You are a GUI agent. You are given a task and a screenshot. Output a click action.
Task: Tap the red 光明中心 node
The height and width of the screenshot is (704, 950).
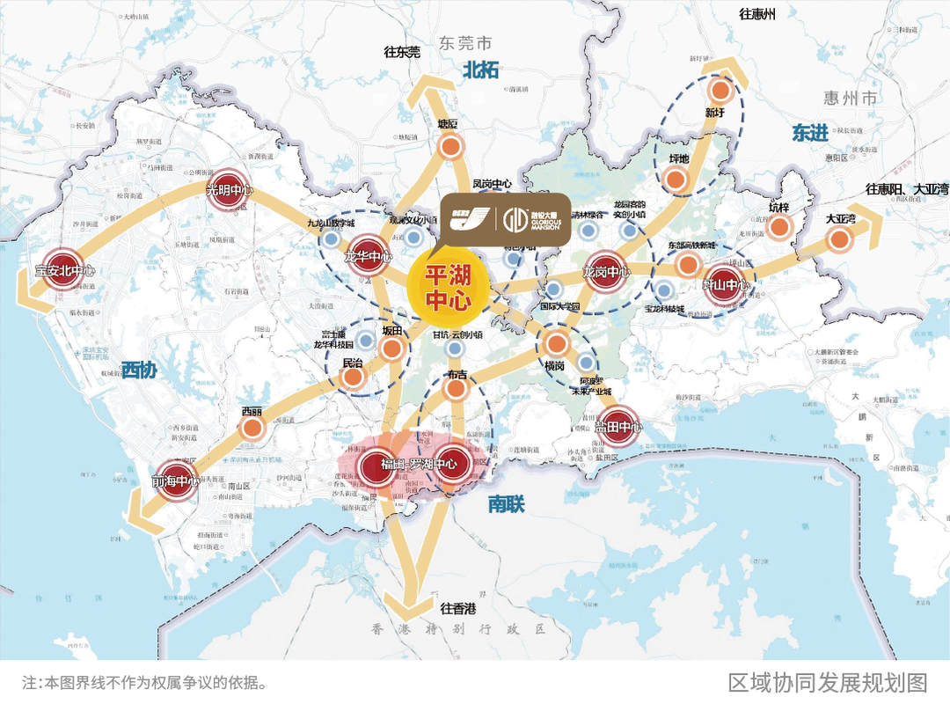[230, 190]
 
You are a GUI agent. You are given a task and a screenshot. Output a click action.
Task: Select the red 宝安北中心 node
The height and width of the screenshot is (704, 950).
[64, 273]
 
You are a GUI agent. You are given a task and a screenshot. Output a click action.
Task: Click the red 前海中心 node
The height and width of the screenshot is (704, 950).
[176, 481]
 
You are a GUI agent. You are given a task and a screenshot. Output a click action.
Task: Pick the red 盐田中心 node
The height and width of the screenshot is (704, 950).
[619, 427]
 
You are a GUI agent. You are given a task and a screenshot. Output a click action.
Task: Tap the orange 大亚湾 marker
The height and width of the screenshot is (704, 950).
[839, 239]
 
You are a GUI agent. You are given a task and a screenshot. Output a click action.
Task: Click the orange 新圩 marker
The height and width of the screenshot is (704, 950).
[720, 91]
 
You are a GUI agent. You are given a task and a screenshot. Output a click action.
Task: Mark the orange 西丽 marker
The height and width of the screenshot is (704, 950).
[252, 429]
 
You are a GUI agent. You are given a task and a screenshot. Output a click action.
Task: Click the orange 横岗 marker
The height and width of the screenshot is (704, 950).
[555, 343]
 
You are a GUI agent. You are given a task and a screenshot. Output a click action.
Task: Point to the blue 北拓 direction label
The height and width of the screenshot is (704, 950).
[481, 70]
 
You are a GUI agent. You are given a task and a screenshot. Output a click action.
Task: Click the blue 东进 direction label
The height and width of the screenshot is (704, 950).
[809, 133]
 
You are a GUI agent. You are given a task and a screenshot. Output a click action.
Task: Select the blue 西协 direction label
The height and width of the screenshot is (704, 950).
[139, 370]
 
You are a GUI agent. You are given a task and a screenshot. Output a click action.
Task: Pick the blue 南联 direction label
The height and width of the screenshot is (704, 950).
[506, 504]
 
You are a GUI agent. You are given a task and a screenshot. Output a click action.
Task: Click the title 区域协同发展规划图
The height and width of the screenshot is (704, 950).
[827, 682]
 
